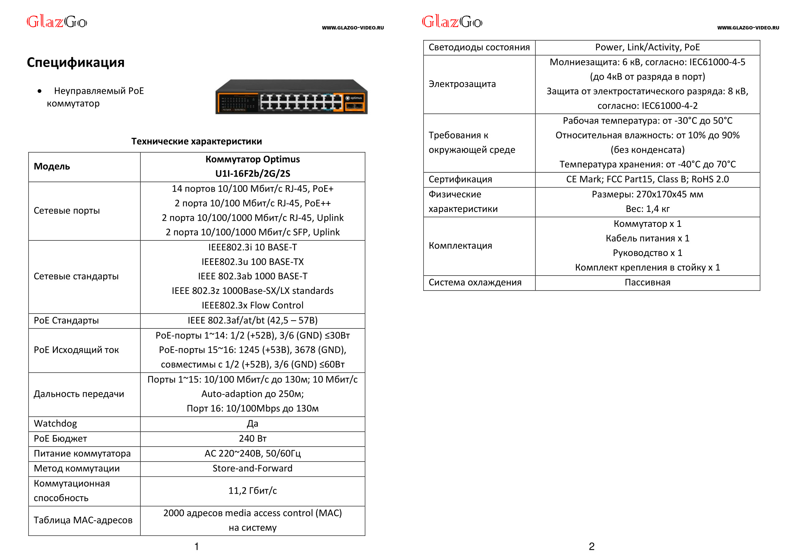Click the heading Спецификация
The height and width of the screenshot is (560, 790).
(x=76, y=62)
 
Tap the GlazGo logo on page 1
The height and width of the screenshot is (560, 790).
(x=57, y=22)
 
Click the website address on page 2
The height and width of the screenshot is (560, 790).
(x=748, y=28)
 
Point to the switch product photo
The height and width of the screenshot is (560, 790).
(x=291, y=97)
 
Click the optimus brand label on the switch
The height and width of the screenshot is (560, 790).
(x=354, y=98)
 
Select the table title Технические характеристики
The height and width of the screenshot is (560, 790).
(x=196, y=142)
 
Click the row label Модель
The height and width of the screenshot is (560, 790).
(x=52, y=167)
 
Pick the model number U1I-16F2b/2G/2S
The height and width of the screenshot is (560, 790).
(x=252, y=173)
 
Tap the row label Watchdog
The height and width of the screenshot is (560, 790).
(x=55, y=424)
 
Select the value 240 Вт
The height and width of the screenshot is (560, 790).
(x=252, y=438)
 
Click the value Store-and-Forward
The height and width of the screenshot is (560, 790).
(x=252, y=468)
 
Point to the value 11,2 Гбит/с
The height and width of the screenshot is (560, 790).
(x=252, y=491)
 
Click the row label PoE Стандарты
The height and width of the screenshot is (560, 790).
(x=66, y=320)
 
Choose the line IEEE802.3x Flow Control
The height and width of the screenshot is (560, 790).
(x=252, y=305)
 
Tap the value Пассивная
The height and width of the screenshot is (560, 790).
(x=647, y=282)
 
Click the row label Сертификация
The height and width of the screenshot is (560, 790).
(x=460, y=179)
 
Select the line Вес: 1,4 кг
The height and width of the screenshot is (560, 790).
(x=647, y=209)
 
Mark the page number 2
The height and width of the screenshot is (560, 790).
(x=591, y=546)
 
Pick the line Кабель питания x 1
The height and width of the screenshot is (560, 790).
(x=647, y=238)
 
